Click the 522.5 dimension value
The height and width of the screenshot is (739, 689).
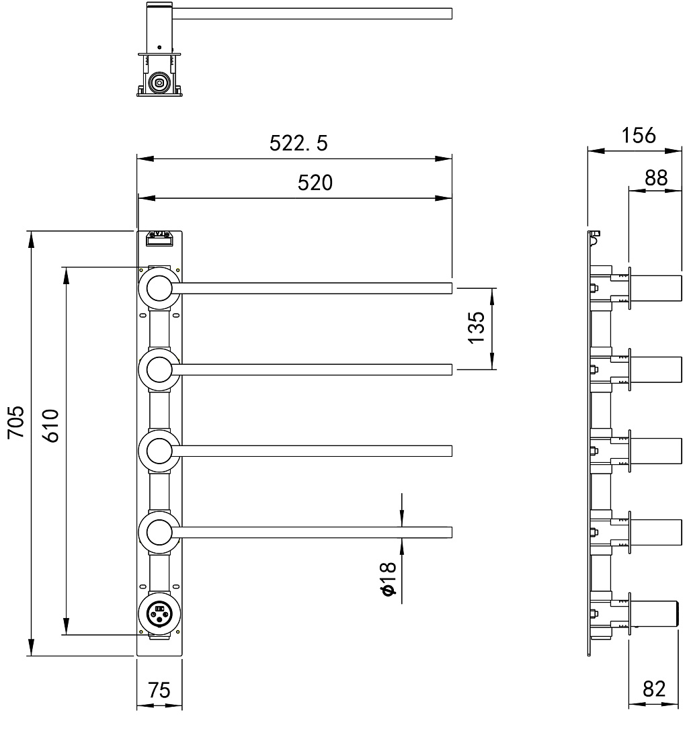coord(298,143)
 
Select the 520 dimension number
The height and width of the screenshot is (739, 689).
coord(315,183)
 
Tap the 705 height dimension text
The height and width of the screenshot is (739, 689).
coord(16,422)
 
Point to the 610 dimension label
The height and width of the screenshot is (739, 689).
coord(51,425)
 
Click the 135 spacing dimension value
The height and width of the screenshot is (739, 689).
coord(477,328)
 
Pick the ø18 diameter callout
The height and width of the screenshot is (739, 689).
coord(388,578)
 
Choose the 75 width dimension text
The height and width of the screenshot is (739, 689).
coord(159,691)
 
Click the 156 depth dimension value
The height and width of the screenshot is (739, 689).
coord(639,136)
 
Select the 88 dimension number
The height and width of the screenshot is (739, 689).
coord(656,178)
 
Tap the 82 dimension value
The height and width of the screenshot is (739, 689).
coord(654,689)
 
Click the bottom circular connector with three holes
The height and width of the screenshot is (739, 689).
coord(159,613)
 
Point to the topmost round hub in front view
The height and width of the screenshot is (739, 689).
coord(159,288)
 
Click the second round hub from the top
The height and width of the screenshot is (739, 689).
coord(159,370)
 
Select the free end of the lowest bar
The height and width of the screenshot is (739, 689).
coord(451,533)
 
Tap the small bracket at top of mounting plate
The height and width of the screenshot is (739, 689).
coord(159,238)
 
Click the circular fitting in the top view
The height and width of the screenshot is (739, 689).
coord(159,83)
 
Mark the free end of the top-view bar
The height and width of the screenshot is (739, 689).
coord(451,13)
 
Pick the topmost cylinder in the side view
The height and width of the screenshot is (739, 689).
coord(656,288)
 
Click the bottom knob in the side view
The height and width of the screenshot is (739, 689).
coord(655,613)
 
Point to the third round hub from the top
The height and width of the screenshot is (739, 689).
coord(159,451)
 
